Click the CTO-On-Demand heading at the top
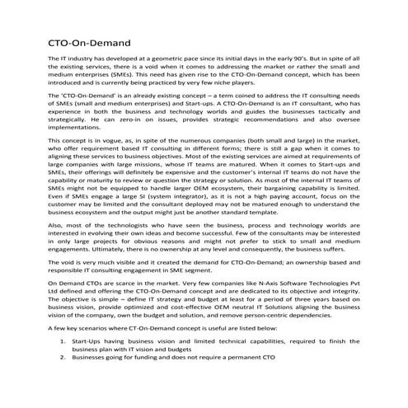coord(87,42)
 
